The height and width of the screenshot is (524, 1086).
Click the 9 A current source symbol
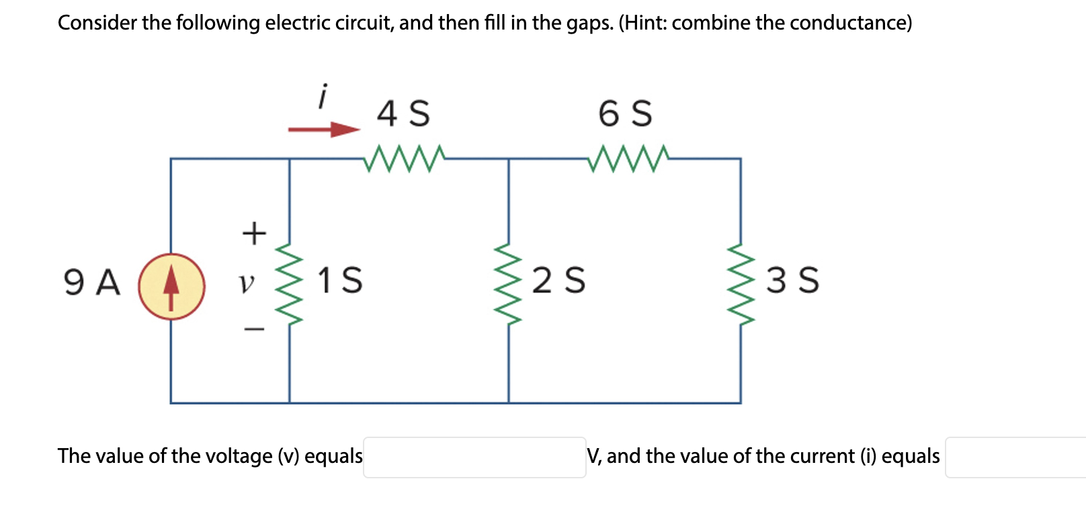[x=171, y=286]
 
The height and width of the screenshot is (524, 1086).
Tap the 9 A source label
[x=92, y=282]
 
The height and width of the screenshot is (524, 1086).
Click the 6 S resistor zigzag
[x=628, y=159]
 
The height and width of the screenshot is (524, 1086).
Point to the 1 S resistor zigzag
[x=290, y=283]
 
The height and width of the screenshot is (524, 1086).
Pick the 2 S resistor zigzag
[x=509, y=283]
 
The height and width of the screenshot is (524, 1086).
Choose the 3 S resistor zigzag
[x=741, y=283]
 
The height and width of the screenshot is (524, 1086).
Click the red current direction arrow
[x=324, y=130]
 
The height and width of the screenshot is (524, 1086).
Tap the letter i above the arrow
[x=323, y=96]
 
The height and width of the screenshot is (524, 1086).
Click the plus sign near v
[x=254, y=233]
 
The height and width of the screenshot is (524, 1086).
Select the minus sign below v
[x=254, y=329]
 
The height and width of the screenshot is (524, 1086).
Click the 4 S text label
[x=403, y=113]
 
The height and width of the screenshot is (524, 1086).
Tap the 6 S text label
[x=625, y=113]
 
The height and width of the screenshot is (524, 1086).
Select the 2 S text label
[x=558, y=280]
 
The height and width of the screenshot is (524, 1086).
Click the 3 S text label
[x=792, y=280]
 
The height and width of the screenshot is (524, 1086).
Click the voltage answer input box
[x=474, y=457]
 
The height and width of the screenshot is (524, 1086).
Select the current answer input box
[x=1015, y=457]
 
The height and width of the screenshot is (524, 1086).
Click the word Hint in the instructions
[x=644, y=23]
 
